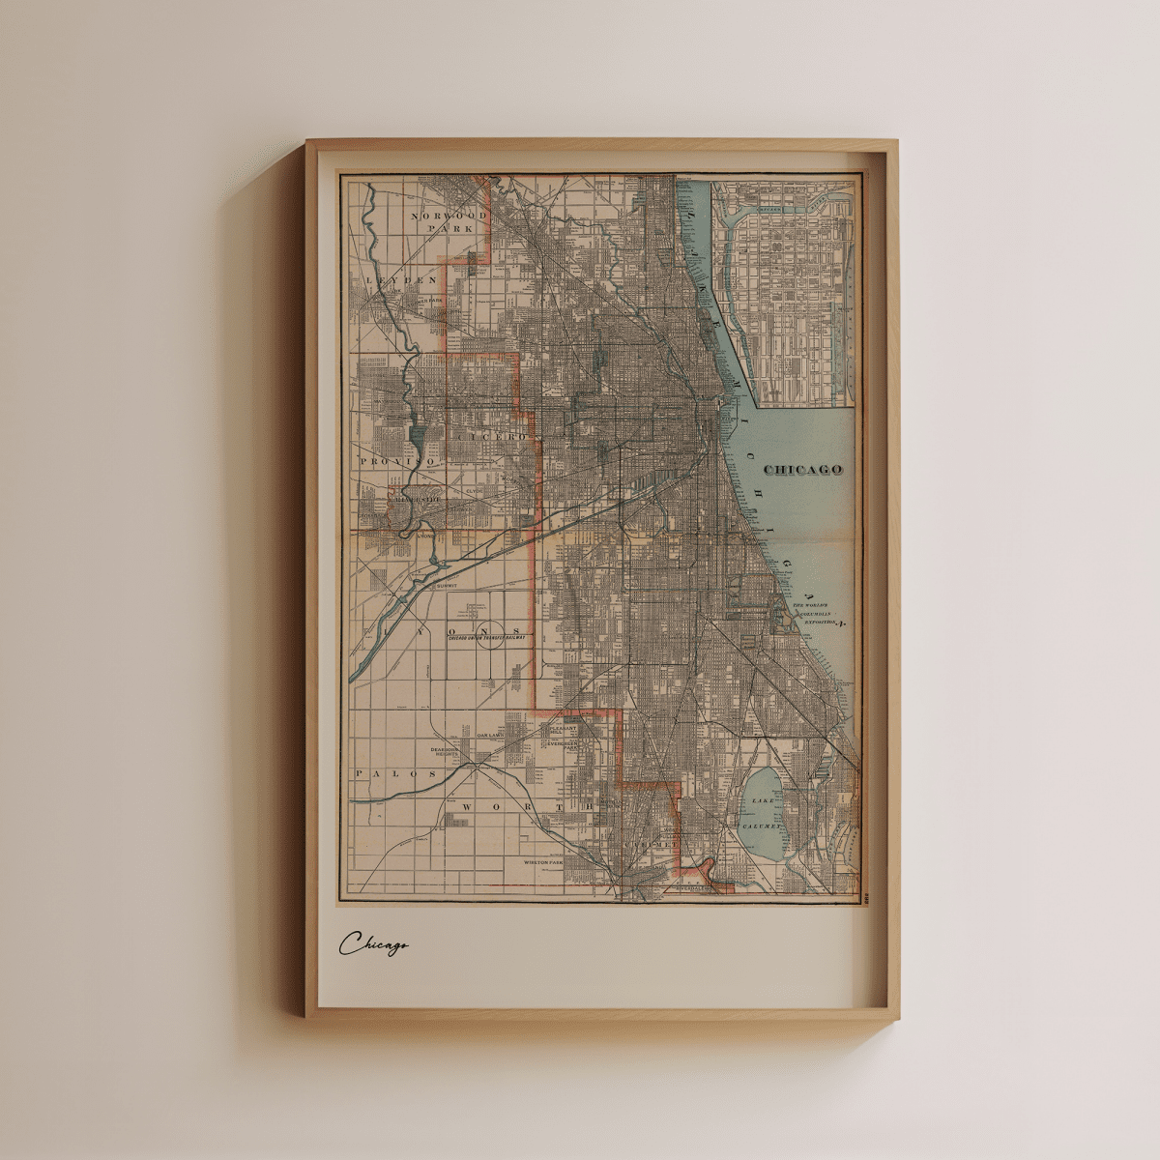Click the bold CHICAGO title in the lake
[x=803, y=470]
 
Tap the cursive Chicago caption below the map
[x=373, y=944]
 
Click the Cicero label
[x=495, y=437]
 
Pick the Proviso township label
[x=397, y=462]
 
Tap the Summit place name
[x=447, y=587]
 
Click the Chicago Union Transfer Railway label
[x=488, y=638]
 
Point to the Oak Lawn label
[x=490, y=736]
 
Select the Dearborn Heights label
[x=449, y=751]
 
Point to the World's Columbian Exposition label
[x=820, y=615]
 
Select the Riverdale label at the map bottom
[x=693, y=887]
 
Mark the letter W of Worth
[x=468, y=805]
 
